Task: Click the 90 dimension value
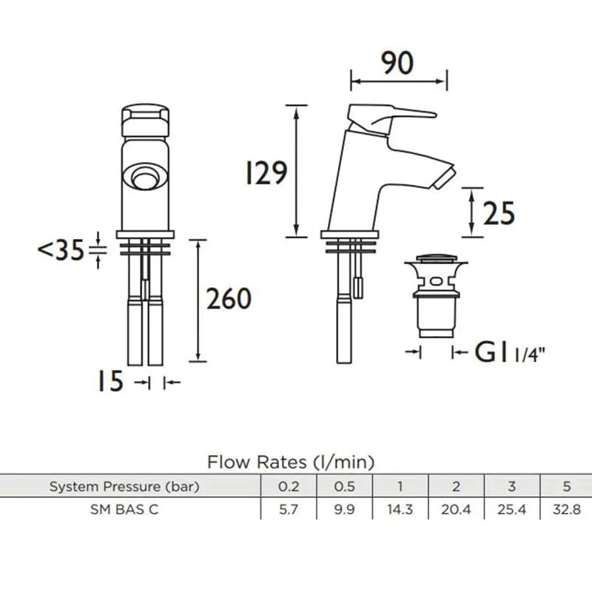[x=397, y=63]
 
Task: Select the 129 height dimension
[x=266, y=173]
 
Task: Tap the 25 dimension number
[x=499, y=213]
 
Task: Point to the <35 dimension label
[x=61, y=250]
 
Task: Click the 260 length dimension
[x=229, y=299]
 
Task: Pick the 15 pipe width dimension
[x=110, y=380]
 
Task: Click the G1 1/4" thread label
[x=510, y=352]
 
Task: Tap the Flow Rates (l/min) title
[x=291, y=462]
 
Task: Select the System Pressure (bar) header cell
[x=124, y=486]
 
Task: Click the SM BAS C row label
[x=124, y=510]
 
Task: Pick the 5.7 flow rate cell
[x=289, y=510]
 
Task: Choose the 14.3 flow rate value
[x=400, y=510]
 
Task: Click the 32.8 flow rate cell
[x=567, y=510]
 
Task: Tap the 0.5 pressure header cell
[x=344, y=486]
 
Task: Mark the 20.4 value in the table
[x=456, y=510]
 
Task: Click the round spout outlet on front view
[x=145, y=177]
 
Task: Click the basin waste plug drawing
[x=436, y=295]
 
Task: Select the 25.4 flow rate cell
[x=511, y=510]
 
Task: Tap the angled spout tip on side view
[x=445, y=178]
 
